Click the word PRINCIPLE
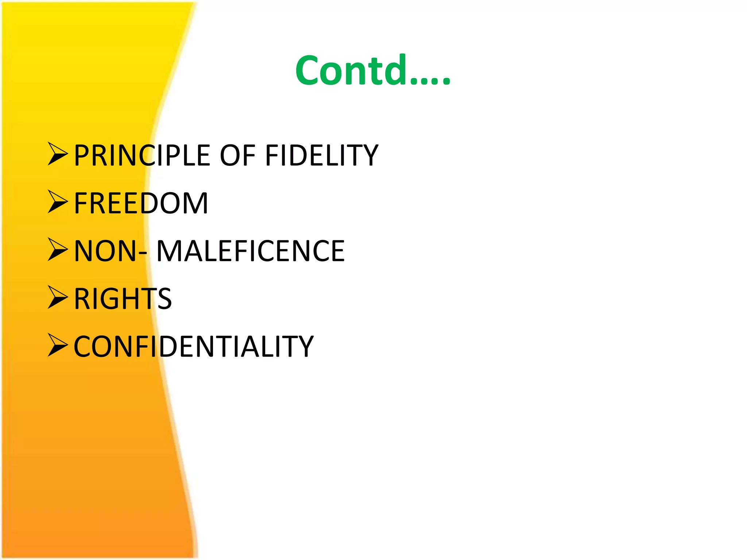[142, 156]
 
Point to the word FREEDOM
[141, 203]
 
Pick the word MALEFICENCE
[251, 251]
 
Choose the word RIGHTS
[123, 299]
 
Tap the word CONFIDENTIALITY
[193, 347]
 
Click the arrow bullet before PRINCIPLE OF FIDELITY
[58, 154]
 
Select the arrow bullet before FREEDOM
[58, 202]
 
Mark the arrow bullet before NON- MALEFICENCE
[58, 250]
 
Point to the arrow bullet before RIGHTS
[58, 297]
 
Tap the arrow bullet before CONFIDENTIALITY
[58, 345]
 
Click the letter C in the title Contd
[309, 71]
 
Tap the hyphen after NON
[143, 254]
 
